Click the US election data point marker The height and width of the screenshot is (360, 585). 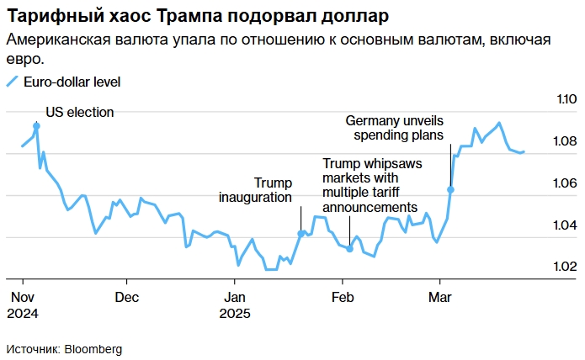click(x=36, y=125)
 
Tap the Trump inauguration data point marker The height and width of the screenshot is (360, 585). click(x=300, y=233)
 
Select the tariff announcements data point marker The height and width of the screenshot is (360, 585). click(x=349, y=249)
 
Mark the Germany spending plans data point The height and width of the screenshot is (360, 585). click(x=451, y=190)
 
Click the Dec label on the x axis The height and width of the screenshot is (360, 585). click(x=126, y=298)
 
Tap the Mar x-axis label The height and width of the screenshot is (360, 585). click(x=439, y=298)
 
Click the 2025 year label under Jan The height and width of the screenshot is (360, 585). click(x=235, y=313)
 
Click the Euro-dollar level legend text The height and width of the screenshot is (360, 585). click(x=72, y=82)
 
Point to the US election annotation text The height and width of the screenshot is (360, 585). click(x=79, y=113)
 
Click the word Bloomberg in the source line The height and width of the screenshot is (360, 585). click(x=93, y=348)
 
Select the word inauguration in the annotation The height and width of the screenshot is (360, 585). click(x=255, y=198)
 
